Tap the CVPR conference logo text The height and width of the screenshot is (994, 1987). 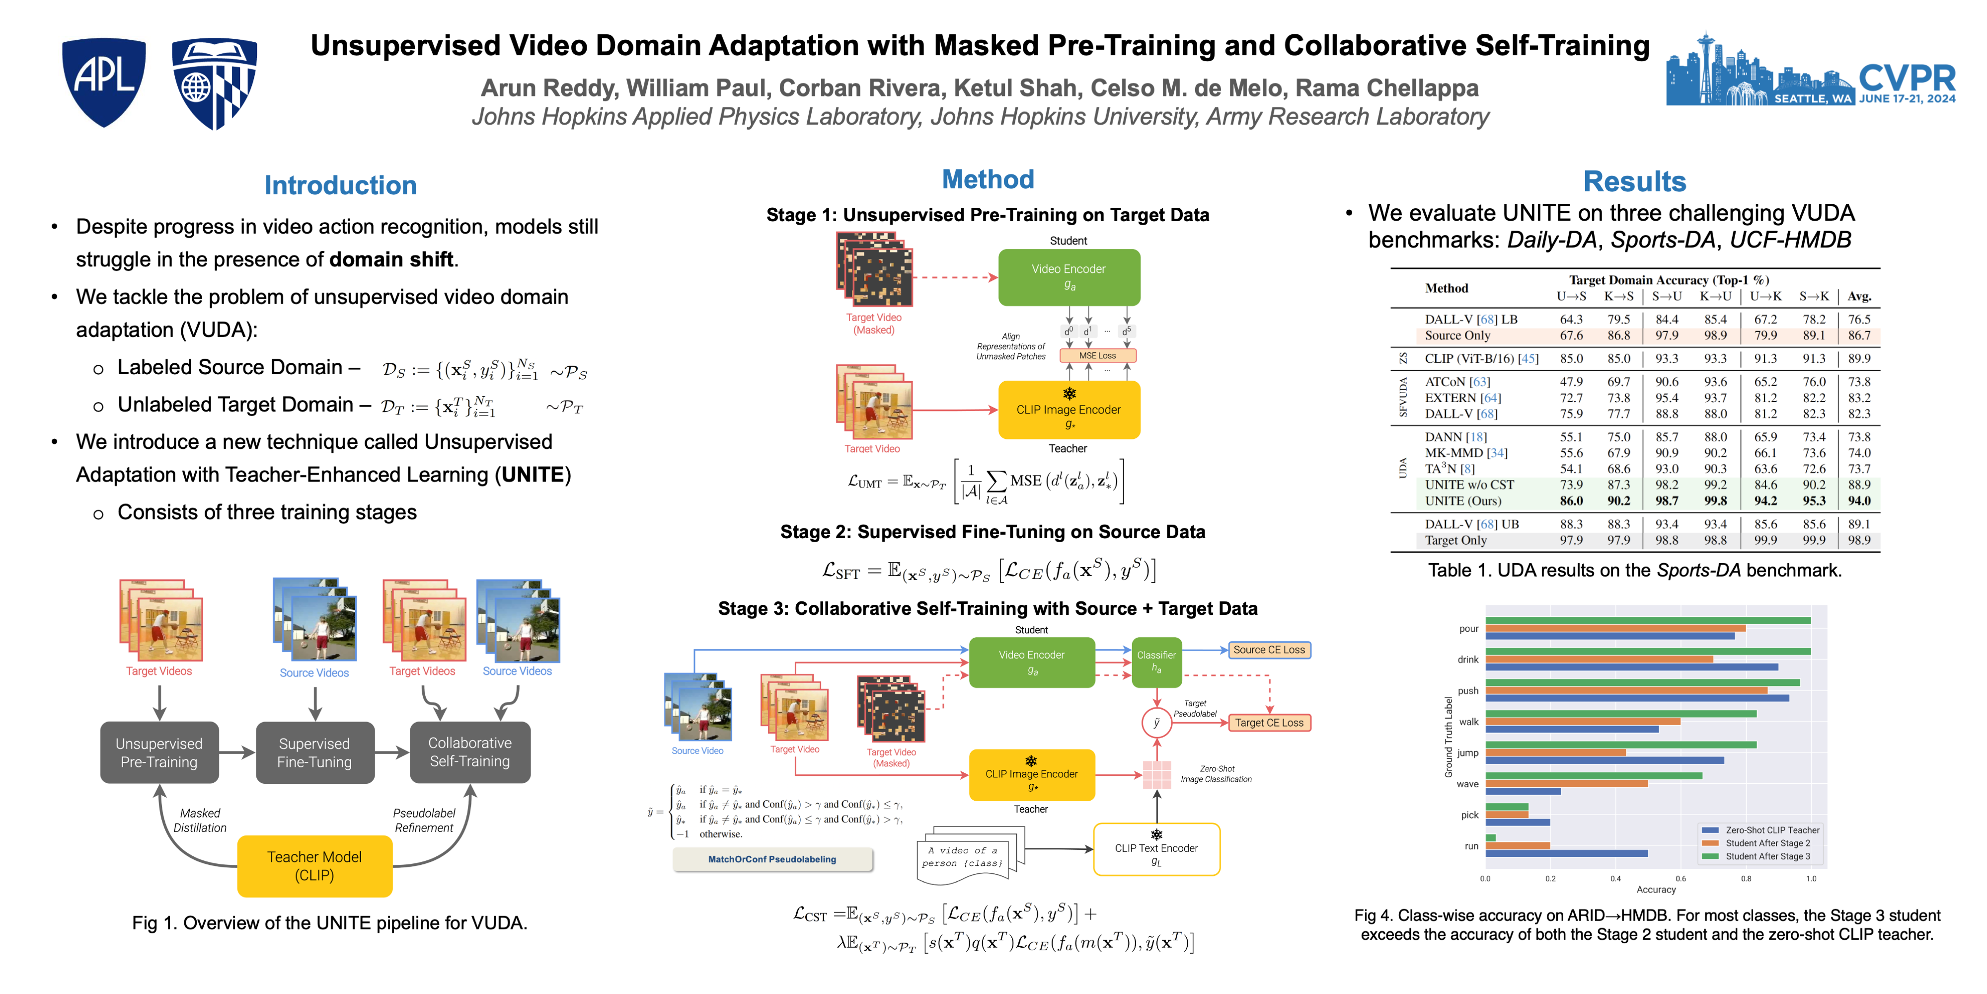click(x=1907, y=79)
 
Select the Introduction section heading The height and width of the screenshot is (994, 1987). click(x=340, y=185)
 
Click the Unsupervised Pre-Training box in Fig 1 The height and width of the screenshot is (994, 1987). click(x=159, y=752)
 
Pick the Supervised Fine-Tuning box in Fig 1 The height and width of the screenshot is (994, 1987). click(x=315, y=752)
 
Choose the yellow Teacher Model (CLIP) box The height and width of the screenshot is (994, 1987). click(x=315, y=866)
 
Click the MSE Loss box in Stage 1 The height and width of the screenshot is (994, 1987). click(x=1097, y=356)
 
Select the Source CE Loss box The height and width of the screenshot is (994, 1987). click(x=1269, y=650)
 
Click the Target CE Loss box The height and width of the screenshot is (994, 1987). click(x=1269, y=722)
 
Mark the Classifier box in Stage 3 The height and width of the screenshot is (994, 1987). click(x=1156, y=662)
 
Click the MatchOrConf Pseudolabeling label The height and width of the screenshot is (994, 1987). click(x=772, y=859)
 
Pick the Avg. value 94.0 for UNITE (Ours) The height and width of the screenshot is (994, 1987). click(x=1859, y=501)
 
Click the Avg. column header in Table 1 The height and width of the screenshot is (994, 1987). click(x=1859, y=296)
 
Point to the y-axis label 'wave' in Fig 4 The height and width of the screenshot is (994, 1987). click(x=1467, y=784)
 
